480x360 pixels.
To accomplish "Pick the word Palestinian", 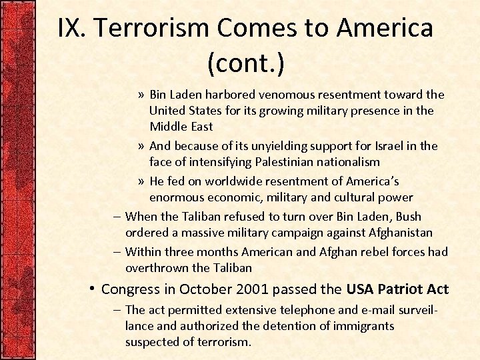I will [282, 161].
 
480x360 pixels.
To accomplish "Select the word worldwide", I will [237, 181].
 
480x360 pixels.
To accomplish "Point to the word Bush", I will [407, 216].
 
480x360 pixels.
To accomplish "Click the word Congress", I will [131, 289].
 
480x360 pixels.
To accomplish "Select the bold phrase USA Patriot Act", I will [397, 289].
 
